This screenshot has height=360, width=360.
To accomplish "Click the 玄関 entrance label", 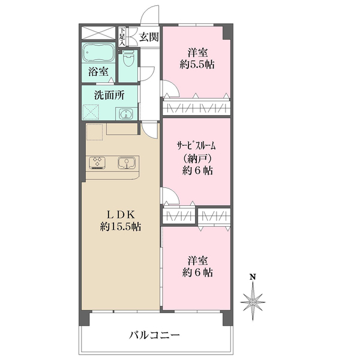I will click(149, 37).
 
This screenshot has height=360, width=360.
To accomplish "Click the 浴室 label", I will click(98, 72).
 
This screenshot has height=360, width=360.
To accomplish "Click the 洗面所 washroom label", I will click(108, 94).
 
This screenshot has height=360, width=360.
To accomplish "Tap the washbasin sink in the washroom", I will click(125, 113).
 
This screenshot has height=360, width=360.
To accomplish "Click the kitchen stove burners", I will click(98, 161).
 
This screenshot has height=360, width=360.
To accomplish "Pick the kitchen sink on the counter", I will click(126, 162).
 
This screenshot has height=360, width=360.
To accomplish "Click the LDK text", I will click(120, 214).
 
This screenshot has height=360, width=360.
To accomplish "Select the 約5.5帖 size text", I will click(196, 64).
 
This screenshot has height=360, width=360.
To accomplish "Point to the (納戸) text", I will click(196, 158).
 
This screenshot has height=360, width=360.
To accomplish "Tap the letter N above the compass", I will click(253, 277).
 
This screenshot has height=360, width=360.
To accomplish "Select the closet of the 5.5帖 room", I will click(196, 108).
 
